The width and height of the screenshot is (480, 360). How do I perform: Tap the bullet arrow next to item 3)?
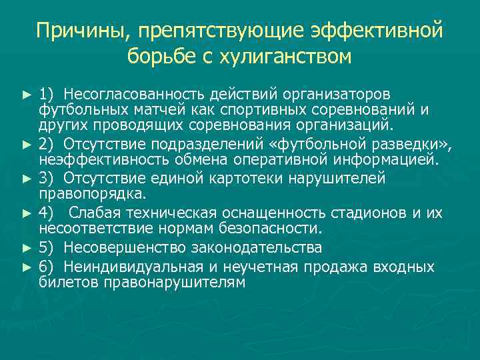[x=27, y=179]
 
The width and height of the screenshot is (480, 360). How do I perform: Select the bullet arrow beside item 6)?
[x=27, y=267]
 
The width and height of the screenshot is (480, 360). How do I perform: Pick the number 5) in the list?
[x=47, y=248]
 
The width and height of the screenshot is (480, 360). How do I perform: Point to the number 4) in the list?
[x=47, y=213]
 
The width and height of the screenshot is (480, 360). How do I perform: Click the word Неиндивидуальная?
[x=138, y=267]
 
